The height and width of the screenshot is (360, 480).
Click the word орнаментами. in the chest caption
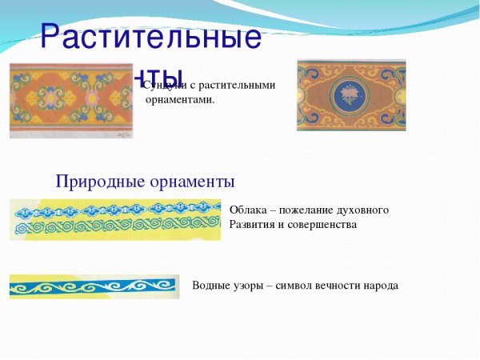(x=180, y=99)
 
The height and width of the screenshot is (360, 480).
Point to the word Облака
(x=249, y=210)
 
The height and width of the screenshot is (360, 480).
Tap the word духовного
(x=365, y=210)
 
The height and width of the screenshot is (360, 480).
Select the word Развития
(x=252, y=225)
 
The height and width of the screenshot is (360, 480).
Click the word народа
(x=380, y=286)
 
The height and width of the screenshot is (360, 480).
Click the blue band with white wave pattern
(x=94, y=286)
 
